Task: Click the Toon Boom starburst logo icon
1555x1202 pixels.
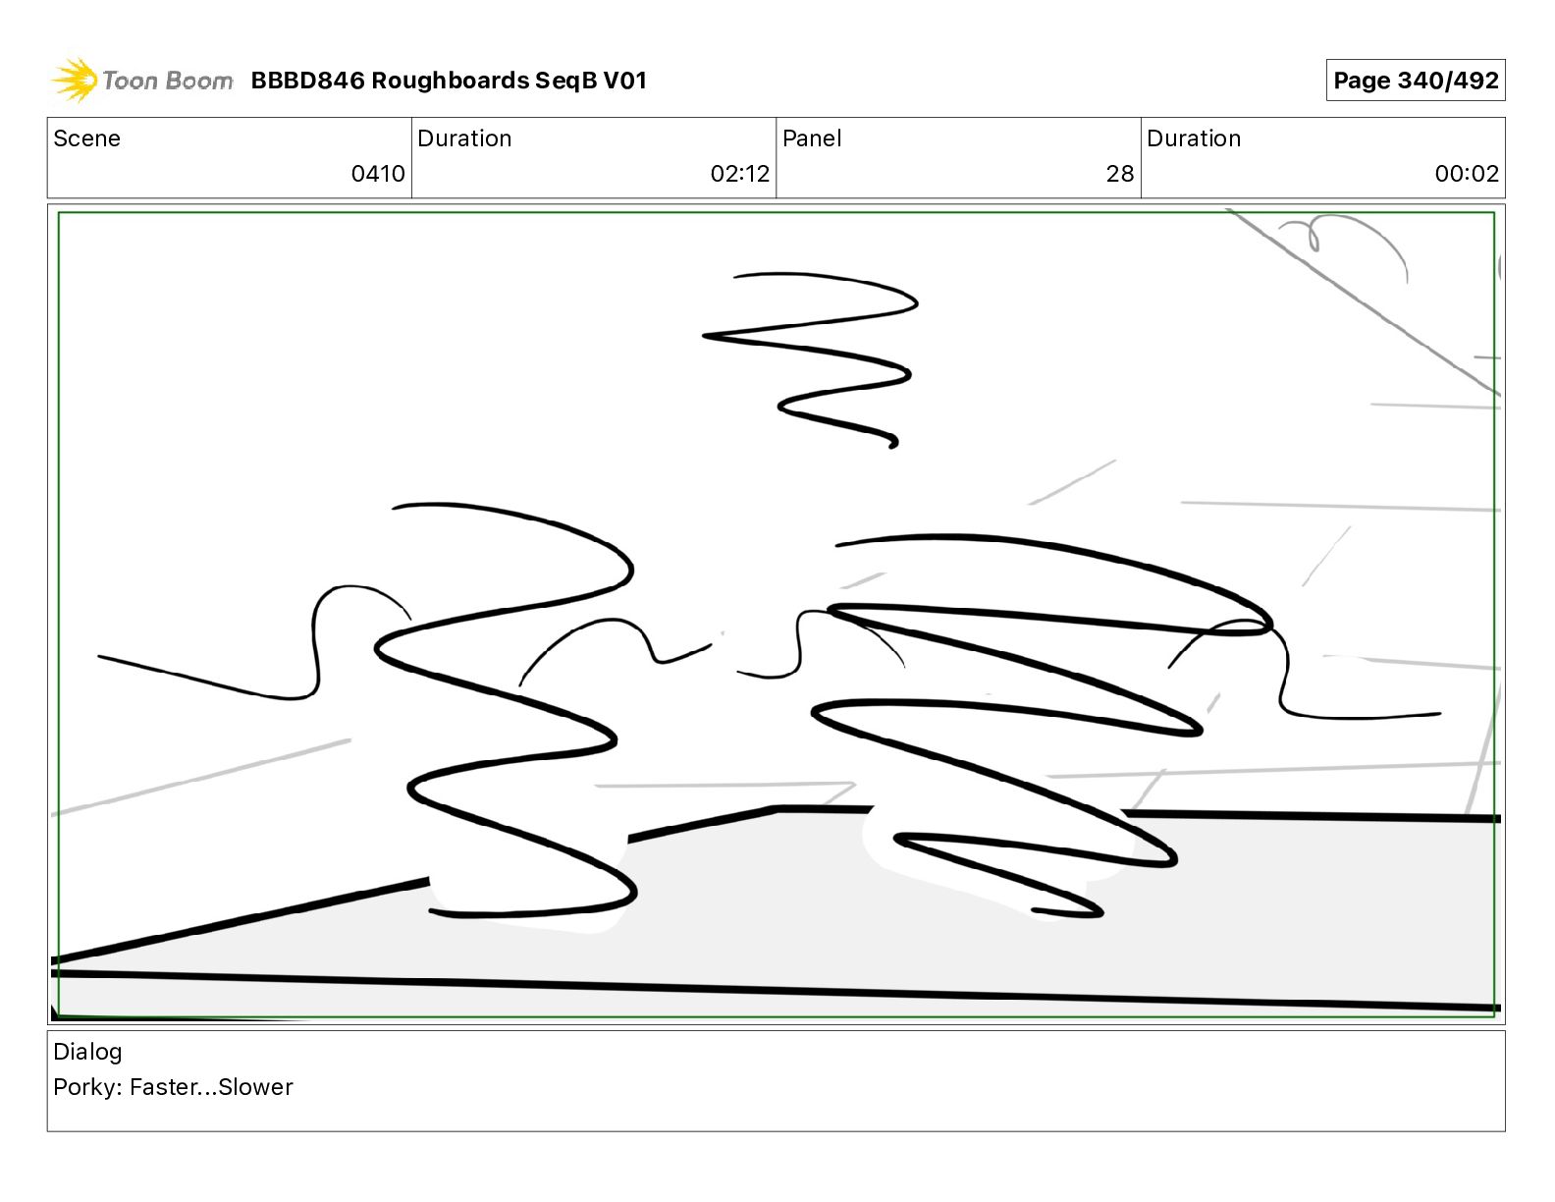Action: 75,81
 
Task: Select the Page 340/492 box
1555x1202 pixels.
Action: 1415,81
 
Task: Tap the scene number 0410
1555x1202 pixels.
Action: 378,173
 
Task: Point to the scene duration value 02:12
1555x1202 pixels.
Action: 739,173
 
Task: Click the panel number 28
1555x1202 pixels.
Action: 1119,173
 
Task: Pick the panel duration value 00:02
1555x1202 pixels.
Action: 1467,173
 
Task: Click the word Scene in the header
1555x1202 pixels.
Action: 86,138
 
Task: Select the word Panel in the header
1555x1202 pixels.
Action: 812,138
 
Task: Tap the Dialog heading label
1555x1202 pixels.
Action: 87,1053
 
